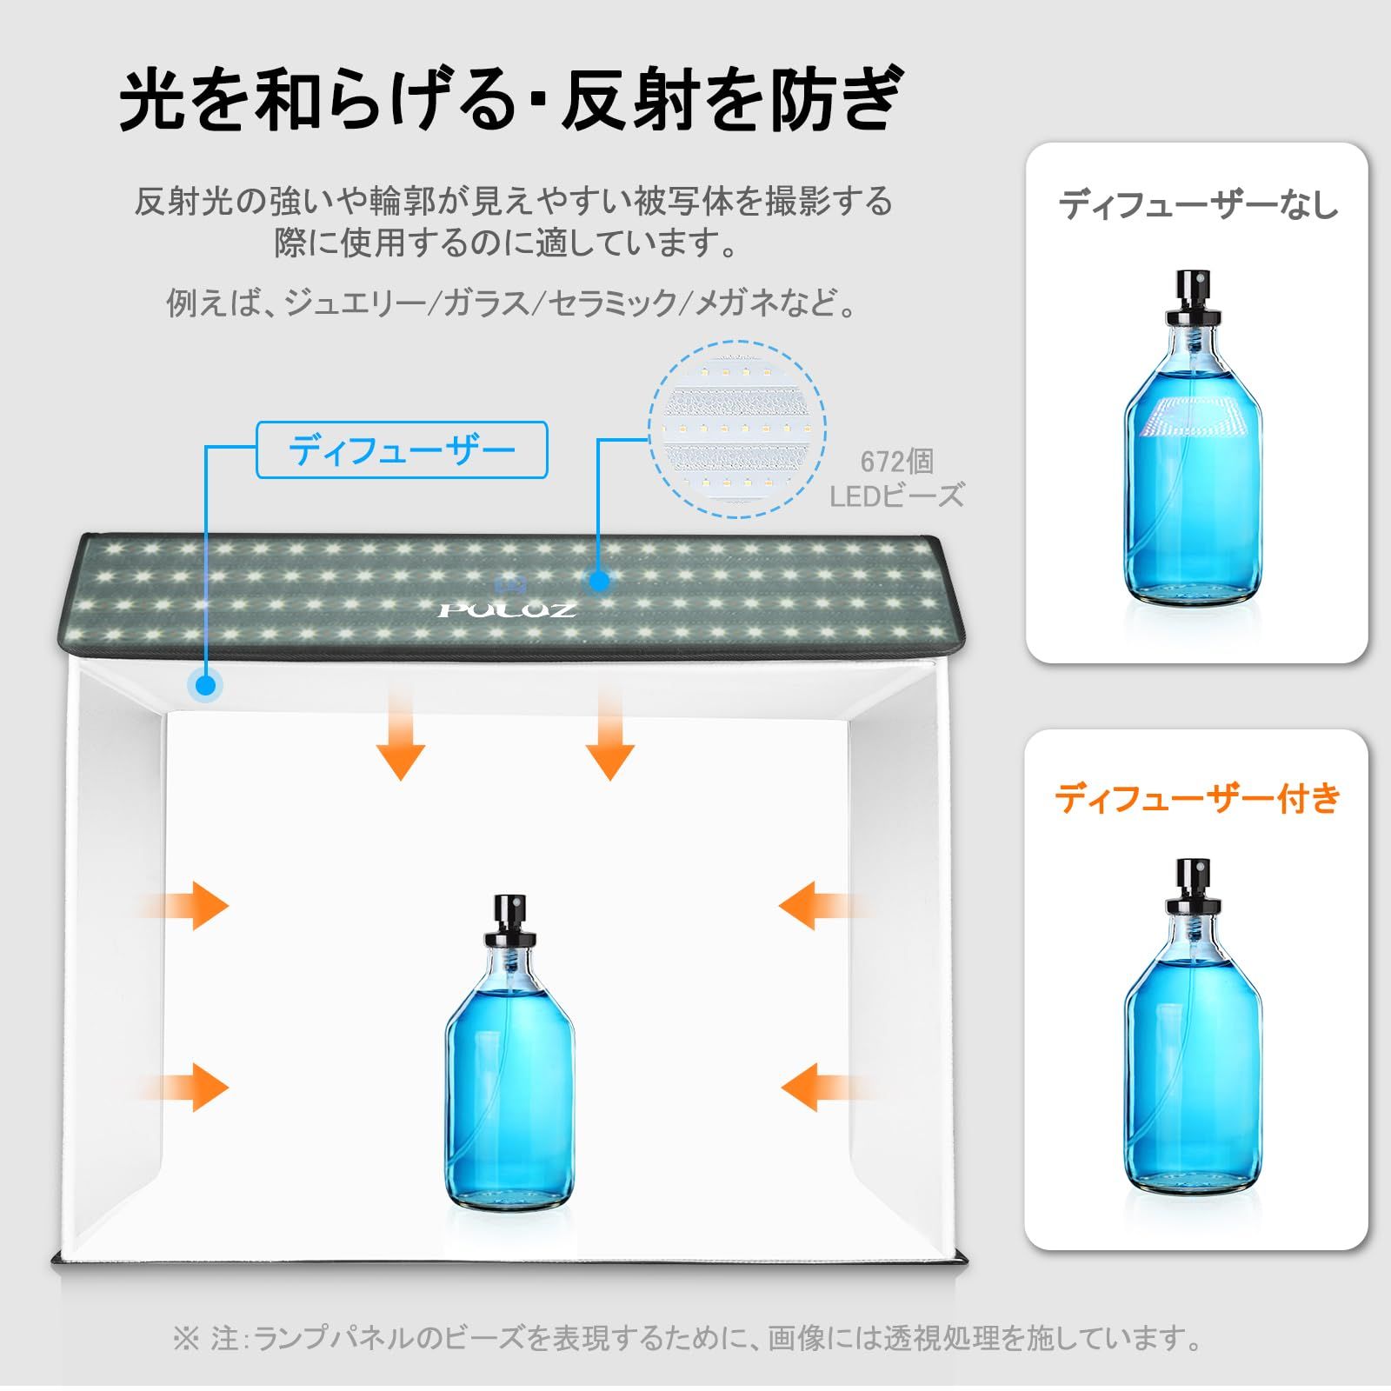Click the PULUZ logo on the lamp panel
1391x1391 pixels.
pos(507,609)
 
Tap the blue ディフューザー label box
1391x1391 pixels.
pos(402,450)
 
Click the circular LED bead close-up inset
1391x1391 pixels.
pos(737,429)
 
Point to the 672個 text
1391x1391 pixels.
pos(896,462)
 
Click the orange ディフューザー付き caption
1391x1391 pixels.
pos(1197,797)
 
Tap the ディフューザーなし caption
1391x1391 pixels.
pos(1197,205)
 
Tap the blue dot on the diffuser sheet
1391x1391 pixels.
pos(206,686)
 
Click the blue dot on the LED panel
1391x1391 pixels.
pos(598,581)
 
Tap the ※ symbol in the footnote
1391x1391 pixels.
pos(186,1337)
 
